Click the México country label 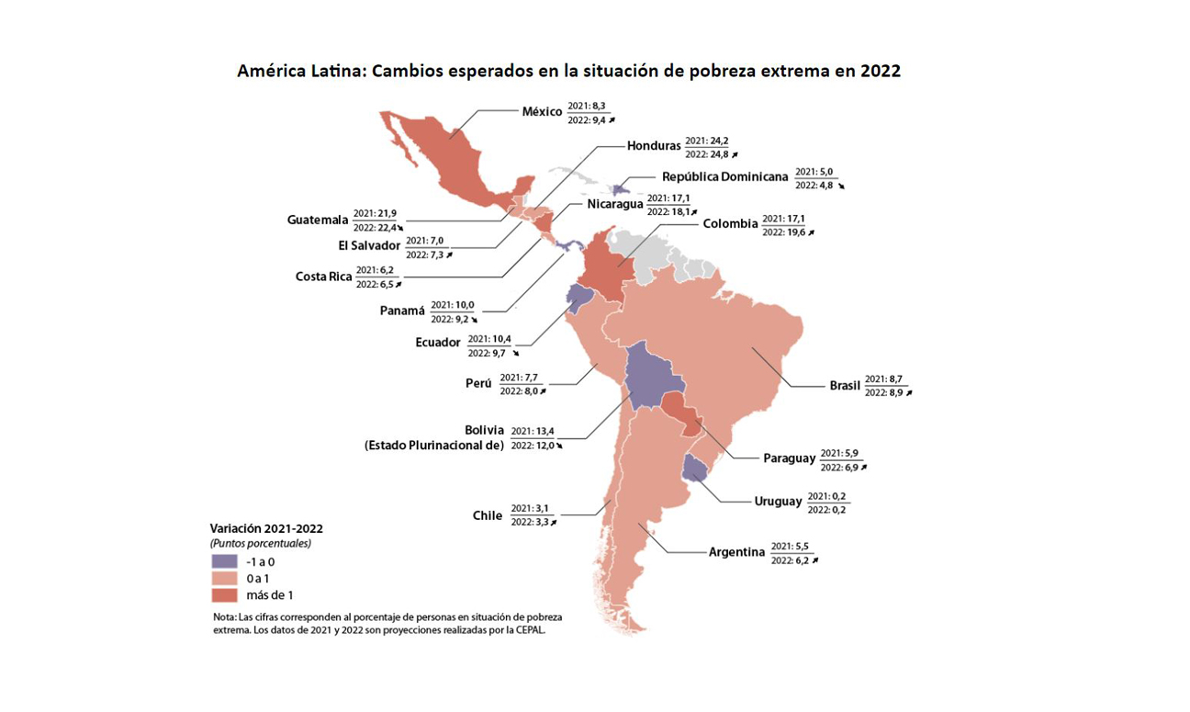tap(542, 112)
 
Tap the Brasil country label tap(845, 386)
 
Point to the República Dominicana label tap(724, 176)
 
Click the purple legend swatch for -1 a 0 tap(224, 560)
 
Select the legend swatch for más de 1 tap(224, 595)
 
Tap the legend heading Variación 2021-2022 tap(266, 528)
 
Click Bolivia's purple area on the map tap(651, 377)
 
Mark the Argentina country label tap(736, 552)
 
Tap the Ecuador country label tap(437, 343)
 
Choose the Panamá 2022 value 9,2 tap(463, 319)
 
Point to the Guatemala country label tap(318, 220)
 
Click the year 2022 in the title tap(880, 71)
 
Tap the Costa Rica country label tap(323, 277)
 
